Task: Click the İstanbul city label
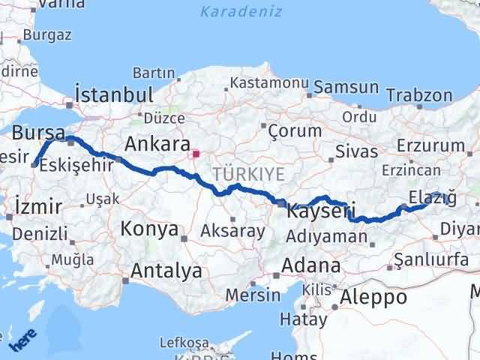pyautogui.click(x=114, y=95)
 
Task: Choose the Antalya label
pyautogui.click(x=166, y=271)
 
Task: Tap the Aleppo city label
pyautogui.click(x=373, y=297)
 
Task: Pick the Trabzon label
pyautogui.click(x=419, y=95)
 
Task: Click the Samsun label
pyautogui.click(x=346, y=88)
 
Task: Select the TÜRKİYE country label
pyautogui.click(x=248, y=174)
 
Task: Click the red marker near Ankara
pyautogui.click(x=196, y=155)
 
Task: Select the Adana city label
pyautogui.click(x=310, y=265)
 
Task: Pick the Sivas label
pyautogui.click(x=357, y=152)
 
